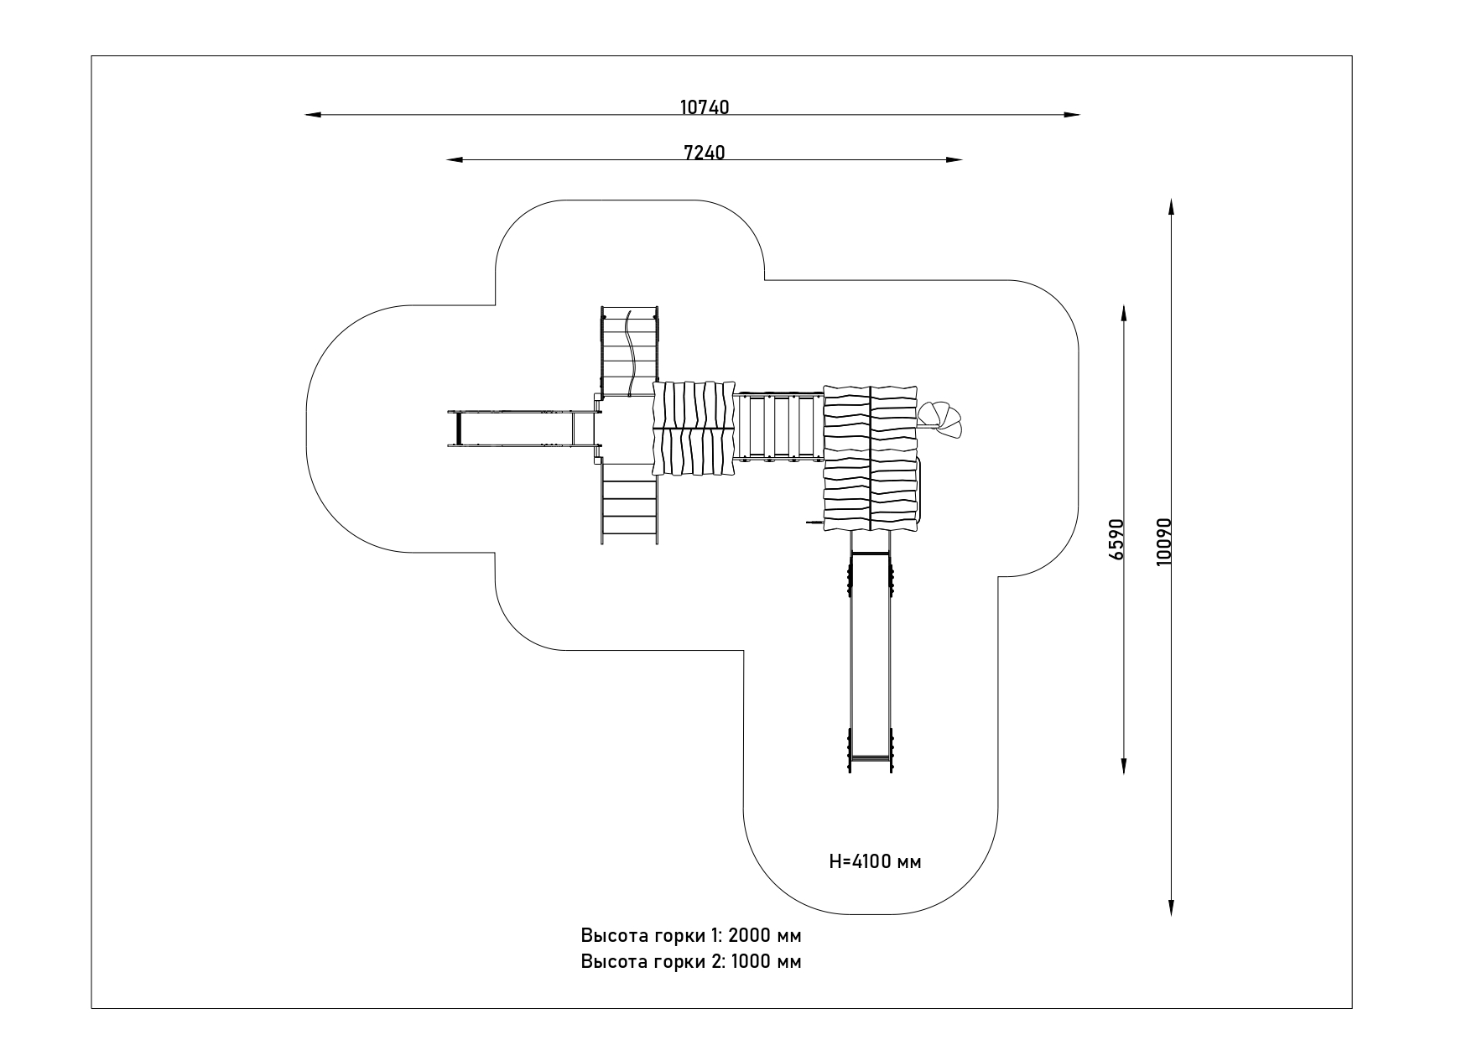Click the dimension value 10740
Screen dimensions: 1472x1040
pos(705,107)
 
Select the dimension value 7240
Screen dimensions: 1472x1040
pos(705,152)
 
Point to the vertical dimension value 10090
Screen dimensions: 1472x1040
pos(1163,540)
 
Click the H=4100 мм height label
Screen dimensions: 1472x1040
pos(875,861)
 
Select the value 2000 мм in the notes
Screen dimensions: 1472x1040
pos(765,935)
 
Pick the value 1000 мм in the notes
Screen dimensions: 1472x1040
pos(766,961)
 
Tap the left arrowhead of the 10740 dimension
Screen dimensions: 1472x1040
pos(313,114)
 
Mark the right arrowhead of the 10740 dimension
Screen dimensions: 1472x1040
pos(1071,114)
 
